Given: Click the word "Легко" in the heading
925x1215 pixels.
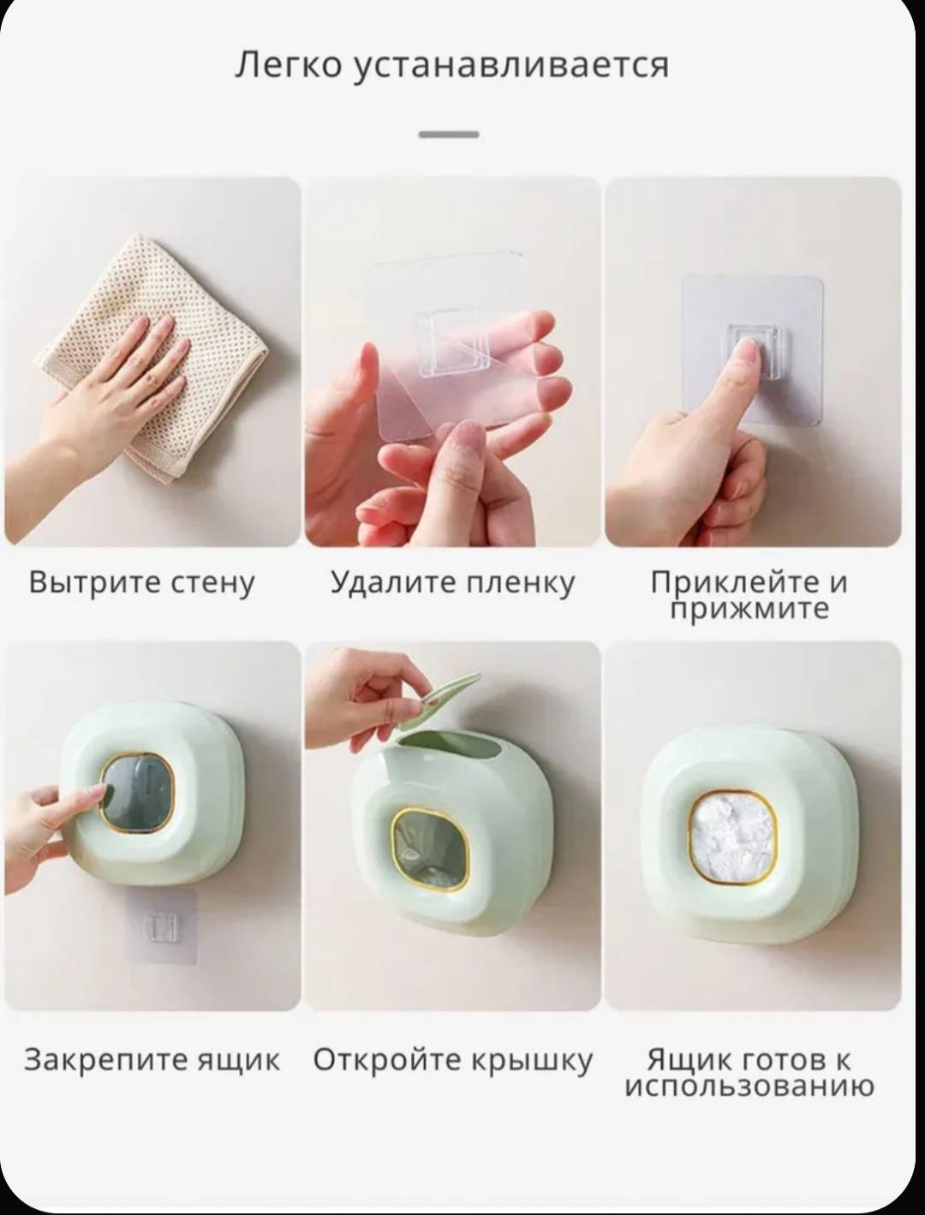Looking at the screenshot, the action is [x=288, y=64].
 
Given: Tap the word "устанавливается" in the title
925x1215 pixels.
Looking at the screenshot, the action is [x=510, y=65].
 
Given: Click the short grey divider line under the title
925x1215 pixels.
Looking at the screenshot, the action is [x=449, y=134].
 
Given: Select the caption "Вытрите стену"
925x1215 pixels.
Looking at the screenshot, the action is [x=141, y=583].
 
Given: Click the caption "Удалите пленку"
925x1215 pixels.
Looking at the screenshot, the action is [x=453, y=583].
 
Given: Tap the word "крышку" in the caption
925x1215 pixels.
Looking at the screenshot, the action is [x=532, y=1061].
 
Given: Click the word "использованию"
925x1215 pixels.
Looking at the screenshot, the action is [x=749, y=1087].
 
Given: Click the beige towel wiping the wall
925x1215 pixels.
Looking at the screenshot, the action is [x=150, y=354].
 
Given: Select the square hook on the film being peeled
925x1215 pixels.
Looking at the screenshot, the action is [x=454, y=341].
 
